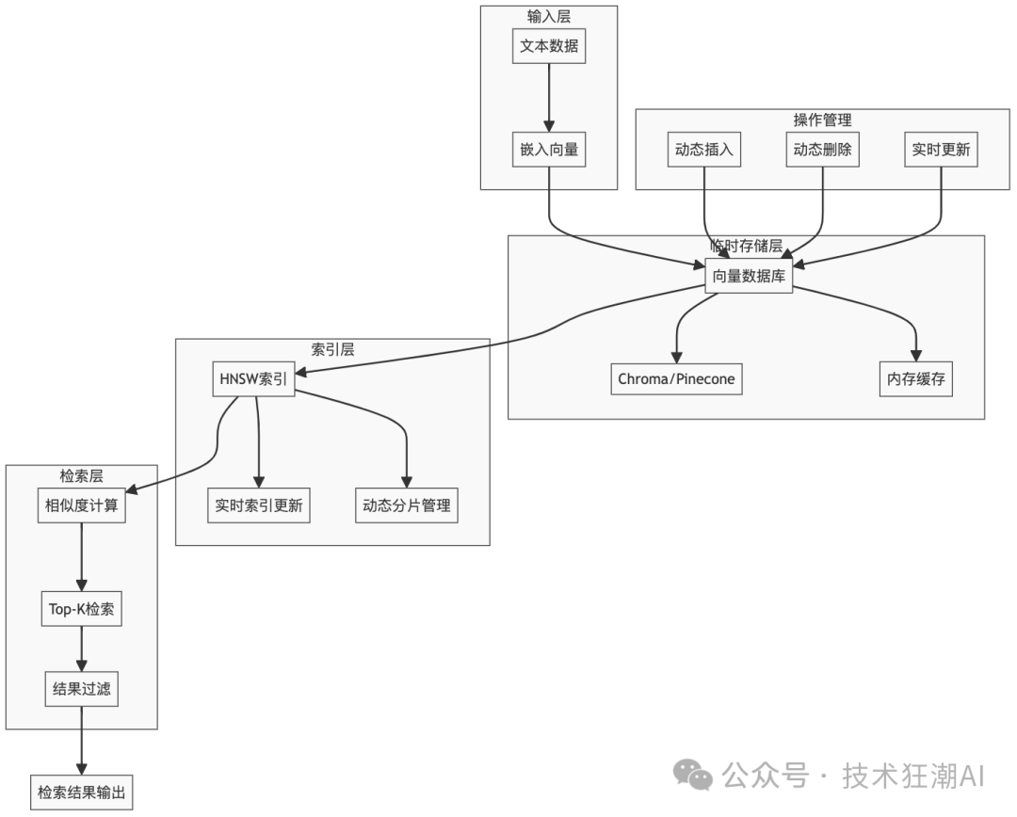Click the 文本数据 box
(x=549, y=46)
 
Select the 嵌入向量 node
(x=549, y=149)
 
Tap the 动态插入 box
(x=703, y=149)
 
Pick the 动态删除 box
(x=823, y=149)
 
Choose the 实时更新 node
(x=942, y=149)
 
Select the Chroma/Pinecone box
(x=676, y=378)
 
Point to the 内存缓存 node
(x=914, y=378)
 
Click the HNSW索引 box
(x=253, y=378)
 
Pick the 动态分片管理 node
(x=407, y=505)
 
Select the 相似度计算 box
(x=81, y=505)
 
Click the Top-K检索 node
(x=81, y=608)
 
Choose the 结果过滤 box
(x=81, y=688)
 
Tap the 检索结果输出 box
(x=81, y=792)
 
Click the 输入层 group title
(x=549, y=15)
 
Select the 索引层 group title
(x=332, y=348)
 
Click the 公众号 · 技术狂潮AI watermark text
(x=852, y=776)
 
